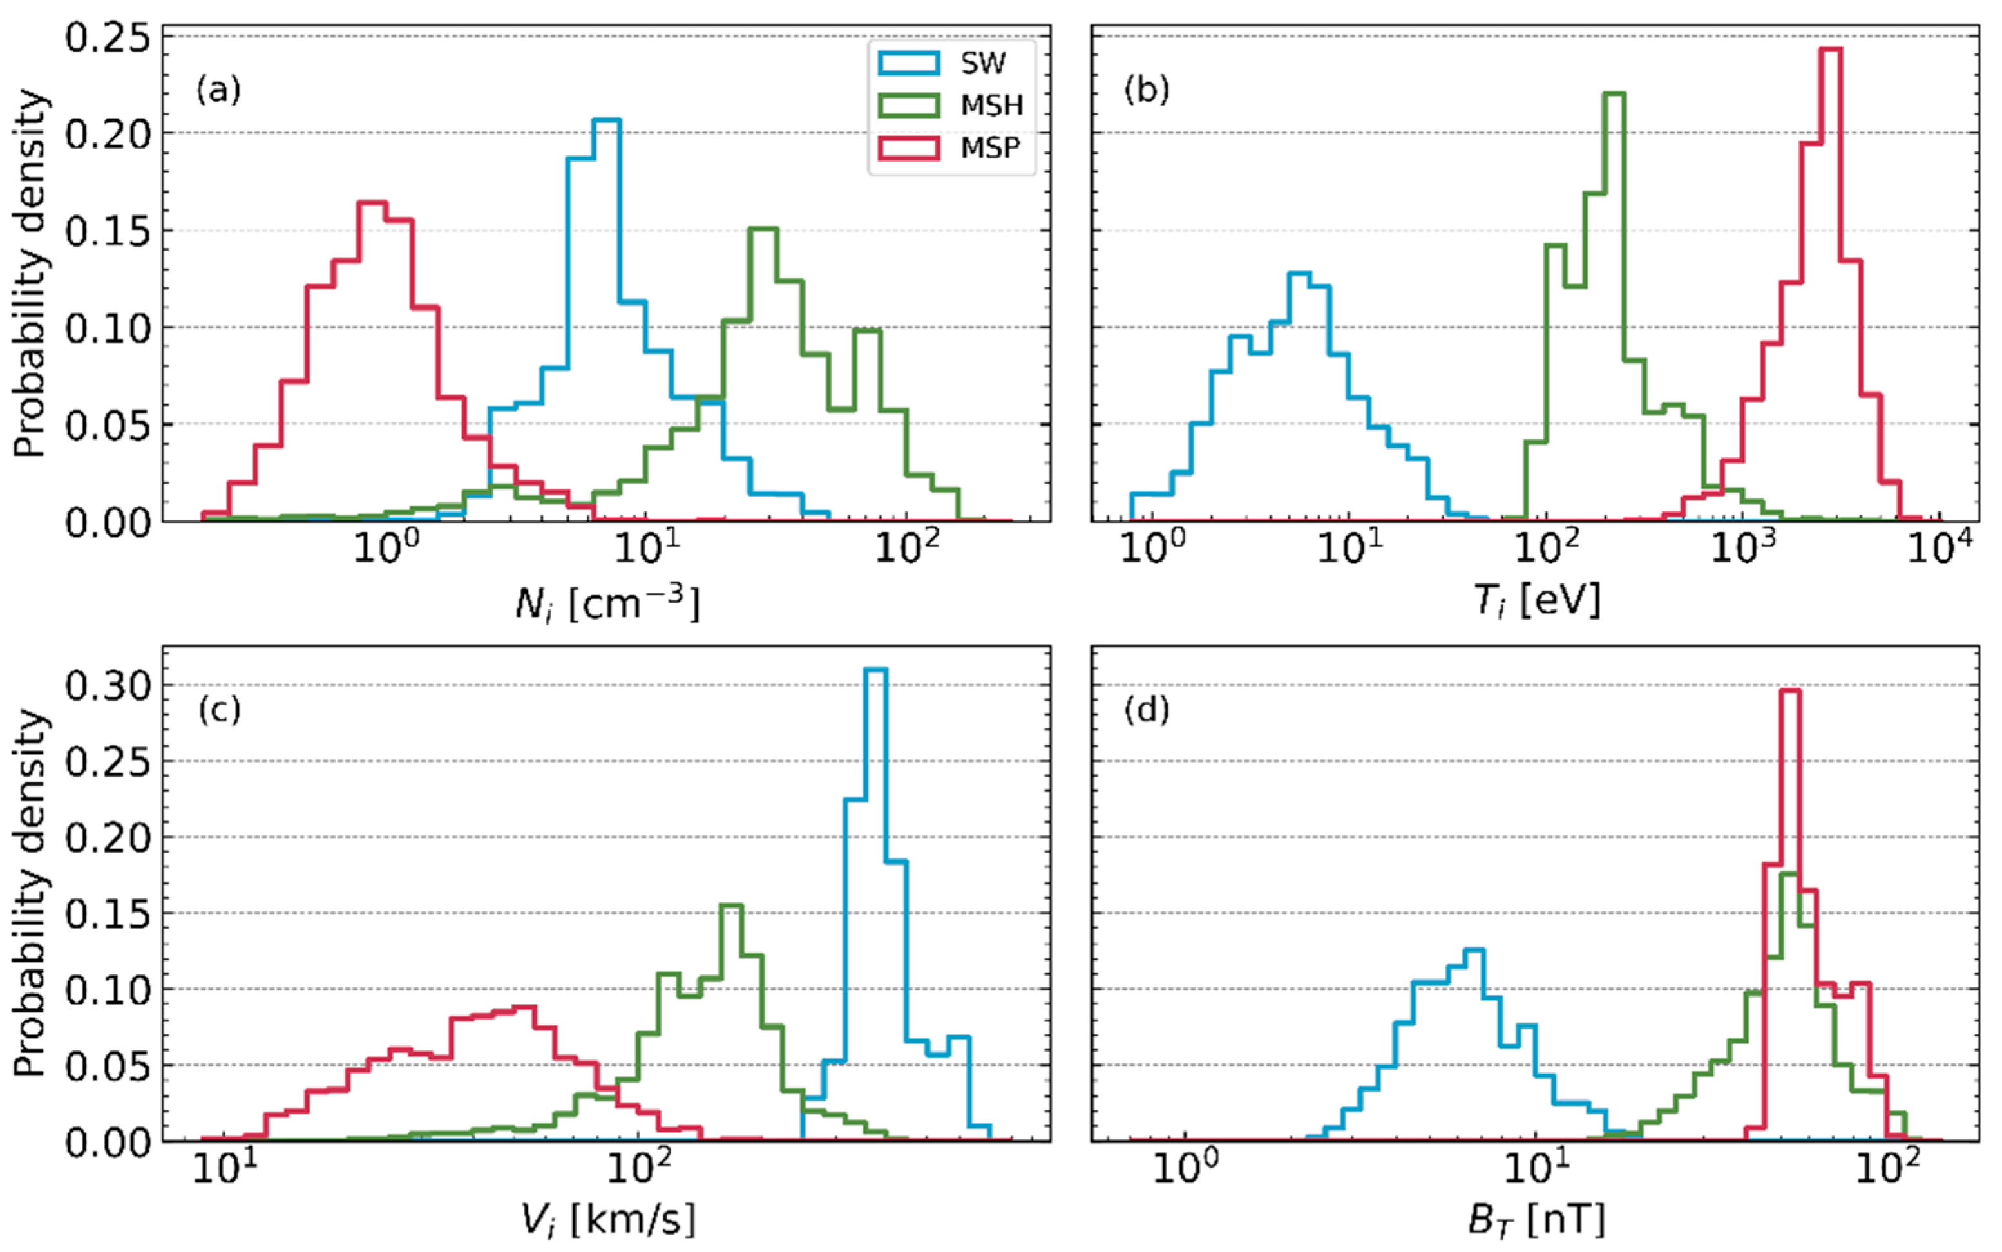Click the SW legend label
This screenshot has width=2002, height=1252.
coord(983,63)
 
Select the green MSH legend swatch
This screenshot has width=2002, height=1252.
coord(908,105)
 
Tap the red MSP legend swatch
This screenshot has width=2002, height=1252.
coord(908,148)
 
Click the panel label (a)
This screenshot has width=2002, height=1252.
coord(218,89)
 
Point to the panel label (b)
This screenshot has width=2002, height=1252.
coord(1147,89)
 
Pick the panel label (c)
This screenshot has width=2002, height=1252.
coord(218,710)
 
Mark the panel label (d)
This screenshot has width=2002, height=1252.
coord(1147,710)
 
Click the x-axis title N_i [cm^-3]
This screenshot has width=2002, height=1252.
coord(607,603)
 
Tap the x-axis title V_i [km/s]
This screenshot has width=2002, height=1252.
coord(607,1220)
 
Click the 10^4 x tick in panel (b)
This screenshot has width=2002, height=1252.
coord(1940,547)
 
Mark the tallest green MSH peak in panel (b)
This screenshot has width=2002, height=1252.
coord(1614,93)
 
